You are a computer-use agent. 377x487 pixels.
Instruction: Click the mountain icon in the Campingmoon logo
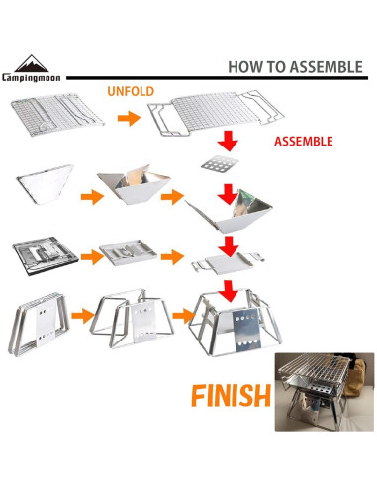(x=32, y=63)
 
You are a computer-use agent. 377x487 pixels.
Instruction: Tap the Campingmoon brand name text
(x=32, y=78)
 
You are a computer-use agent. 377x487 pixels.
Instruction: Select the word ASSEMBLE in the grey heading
(x=327, y=67)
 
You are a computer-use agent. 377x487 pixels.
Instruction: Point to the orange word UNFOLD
(x=131, y=91)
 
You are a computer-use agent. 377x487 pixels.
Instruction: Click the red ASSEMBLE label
(x=304, y=142)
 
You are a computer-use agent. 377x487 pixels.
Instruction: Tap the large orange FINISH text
(x=231, y=396)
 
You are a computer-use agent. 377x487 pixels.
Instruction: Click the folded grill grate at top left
(x=57, y=114)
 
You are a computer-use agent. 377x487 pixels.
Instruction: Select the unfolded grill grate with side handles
(x=216, y=113)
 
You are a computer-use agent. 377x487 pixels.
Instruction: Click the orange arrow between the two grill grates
(x=129, y=118)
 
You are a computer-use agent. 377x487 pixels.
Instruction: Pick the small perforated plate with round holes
(x=220, y=164)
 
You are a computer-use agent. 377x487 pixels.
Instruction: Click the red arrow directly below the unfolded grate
(x=228, y=141)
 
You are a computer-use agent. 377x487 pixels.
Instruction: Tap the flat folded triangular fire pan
(x=45, y=184)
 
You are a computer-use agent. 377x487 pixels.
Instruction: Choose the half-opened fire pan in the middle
(x=135, y=184)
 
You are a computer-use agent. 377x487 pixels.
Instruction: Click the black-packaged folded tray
(x=46, y=255)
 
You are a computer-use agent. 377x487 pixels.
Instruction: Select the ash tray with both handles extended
(x=228, y=263)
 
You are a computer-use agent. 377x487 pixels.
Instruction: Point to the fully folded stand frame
(x=39, y=325)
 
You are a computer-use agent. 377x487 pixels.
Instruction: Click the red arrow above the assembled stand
(x=230, y=291)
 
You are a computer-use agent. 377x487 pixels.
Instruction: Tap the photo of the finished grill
(x=325, y=392)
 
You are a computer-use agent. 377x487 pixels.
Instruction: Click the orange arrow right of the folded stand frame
(x=83, y=316)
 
